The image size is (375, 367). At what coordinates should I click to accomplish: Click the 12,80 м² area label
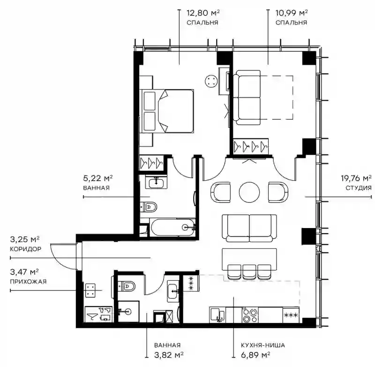coord(203,13)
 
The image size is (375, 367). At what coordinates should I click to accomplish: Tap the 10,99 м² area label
coord(291,13)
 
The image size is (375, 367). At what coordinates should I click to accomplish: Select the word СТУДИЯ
coord(359,188)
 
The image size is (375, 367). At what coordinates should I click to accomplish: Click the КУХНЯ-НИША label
coord(263,345)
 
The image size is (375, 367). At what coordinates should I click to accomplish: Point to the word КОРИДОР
coord(26,249)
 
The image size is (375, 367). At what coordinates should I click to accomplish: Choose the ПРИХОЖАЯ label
coord(28,282)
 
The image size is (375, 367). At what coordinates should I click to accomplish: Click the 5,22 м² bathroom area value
coord(98,178)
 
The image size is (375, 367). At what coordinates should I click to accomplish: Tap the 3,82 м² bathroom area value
coord(169,354)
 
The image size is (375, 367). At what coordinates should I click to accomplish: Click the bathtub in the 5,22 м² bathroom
coord(173,227)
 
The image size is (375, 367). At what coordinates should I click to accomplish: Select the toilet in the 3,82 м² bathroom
coord(127,286)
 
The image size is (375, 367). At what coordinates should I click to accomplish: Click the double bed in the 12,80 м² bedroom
coord(167,111)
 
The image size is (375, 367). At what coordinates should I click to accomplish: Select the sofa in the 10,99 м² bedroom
coord(247,98)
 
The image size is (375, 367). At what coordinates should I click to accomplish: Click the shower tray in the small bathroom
coord(128,312)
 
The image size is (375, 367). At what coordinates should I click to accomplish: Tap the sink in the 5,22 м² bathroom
coord(157,182)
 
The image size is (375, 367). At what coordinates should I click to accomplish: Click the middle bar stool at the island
coord(249,272)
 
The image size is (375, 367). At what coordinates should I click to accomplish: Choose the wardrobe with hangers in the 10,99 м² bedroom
coord(251,146)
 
